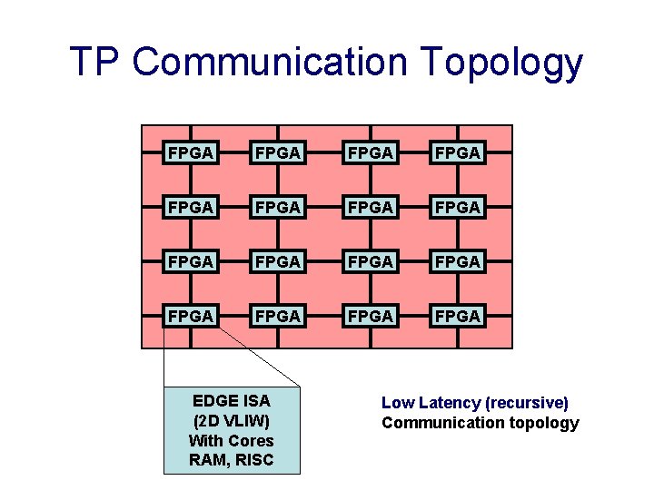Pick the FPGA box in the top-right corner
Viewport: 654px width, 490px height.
(x=458, y=153)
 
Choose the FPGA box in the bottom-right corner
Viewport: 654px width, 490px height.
(x=458, y=317)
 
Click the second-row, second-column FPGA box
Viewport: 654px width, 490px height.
(x=278, y=208)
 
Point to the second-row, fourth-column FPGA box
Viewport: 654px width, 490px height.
(x=458, y=208)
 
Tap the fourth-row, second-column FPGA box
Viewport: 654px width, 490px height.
(x=278, y=317)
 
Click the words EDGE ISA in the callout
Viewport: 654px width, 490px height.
(x=232, y=400)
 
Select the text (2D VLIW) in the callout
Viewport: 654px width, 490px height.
(x=232, y=420)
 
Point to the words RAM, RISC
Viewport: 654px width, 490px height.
(x=232, y=460)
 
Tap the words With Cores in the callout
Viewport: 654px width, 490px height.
(x=232, y=440)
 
